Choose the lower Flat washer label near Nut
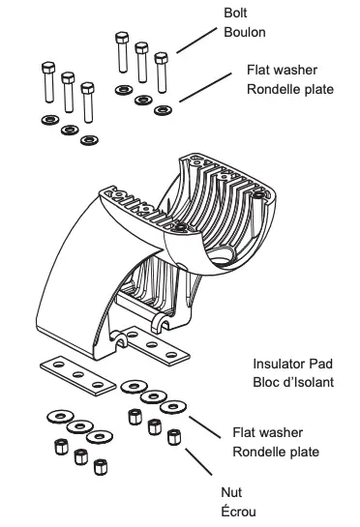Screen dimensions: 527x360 coord(265,432)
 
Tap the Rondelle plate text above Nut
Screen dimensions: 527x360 coord(274,452)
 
